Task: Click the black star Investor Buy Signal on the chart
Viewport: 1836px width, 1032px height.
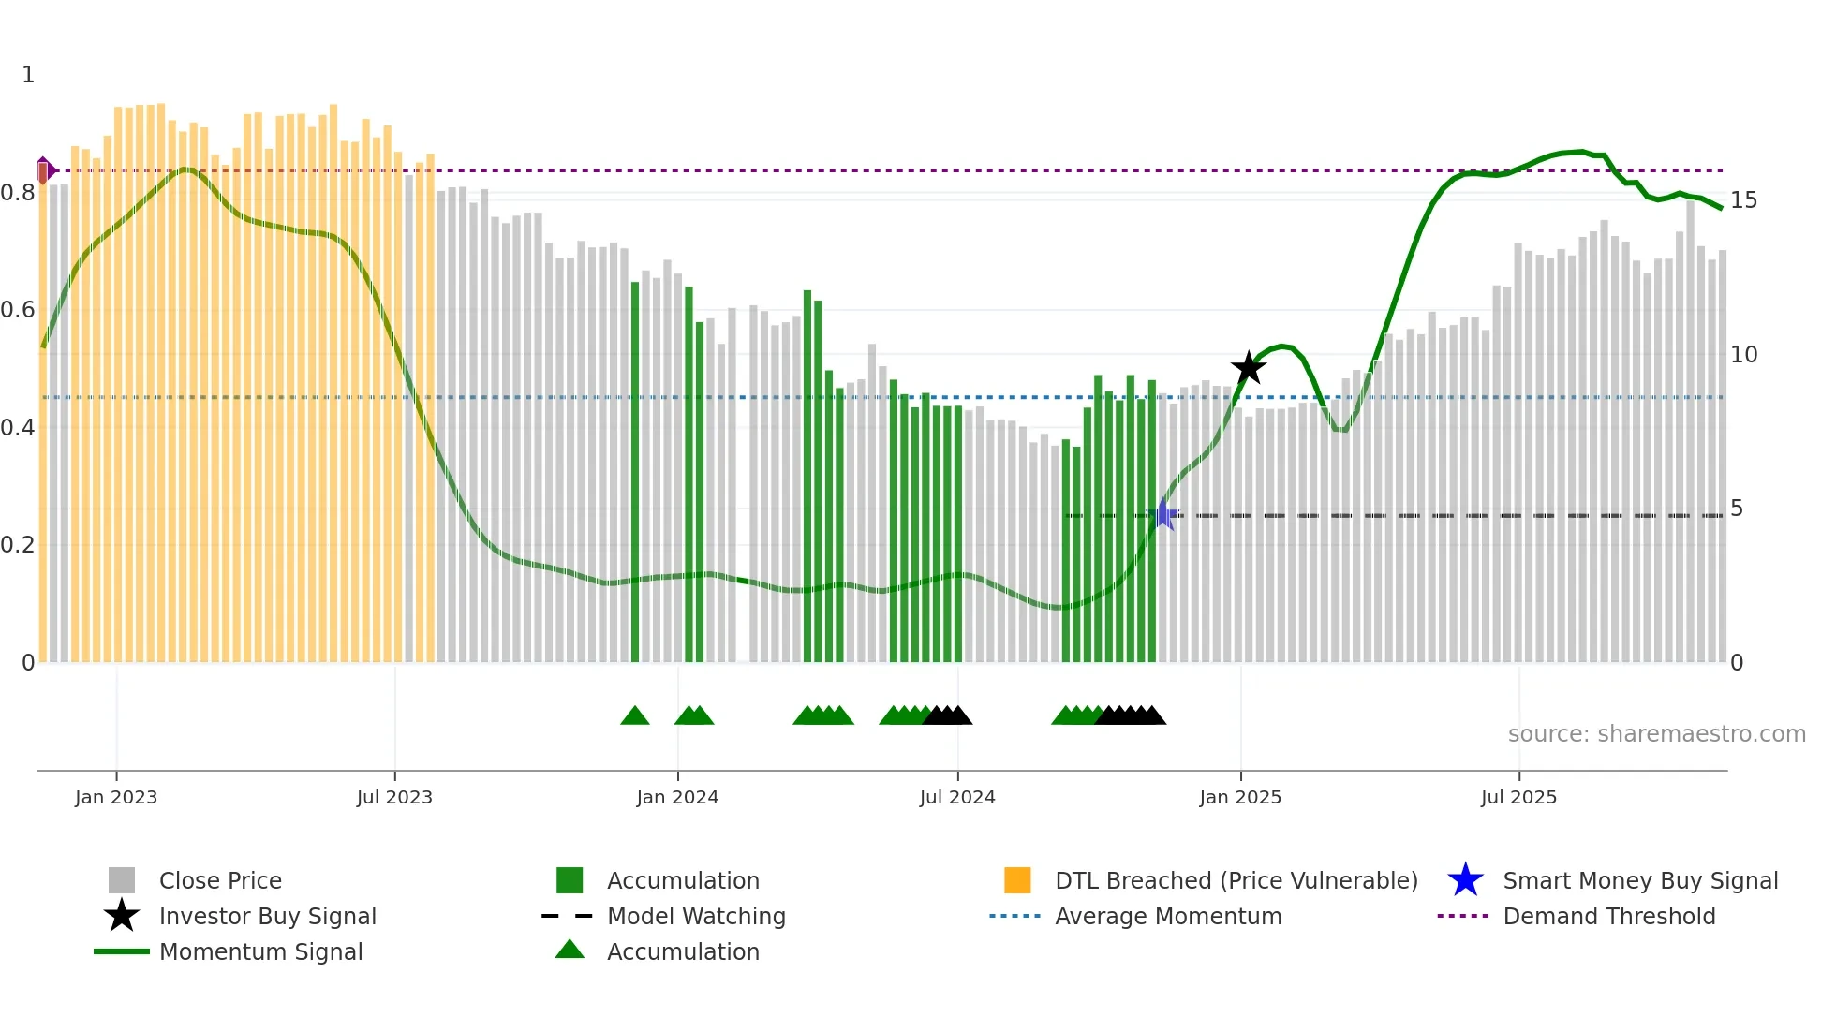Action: pyautogui.click(x=1248, y=368)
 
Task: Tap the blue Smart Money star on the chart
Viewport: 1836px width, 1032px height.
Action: pyautogui.click(x=1162, y=514)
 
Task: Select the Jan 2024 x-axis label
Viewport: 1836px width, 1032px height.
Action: pyautogui.click(x=677, y=797)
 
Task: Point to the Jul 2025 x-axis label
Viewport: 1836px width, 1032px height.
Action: pyautogui.click(x=1518, y=797)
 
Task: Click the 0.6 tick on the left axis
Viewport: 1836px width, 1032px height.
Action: pyautogui.click(x=19, y=310)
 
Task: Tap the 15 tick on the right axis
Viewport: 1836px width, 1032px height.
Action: pyautogui.click(x=1743, y=200)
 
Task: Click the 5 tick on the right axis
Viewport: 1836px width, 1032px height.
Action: pyautogui.click(x=1737, y=509)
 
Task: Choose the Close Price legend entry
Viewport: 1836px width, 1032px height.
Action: pyautogui.click(x=220, y=880)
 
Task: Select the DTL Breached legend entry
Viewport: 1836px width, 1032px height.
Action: pyautogui.click(x=1236, y=880)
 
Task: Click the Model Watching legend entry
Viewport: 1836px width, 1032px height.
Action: pyautogui.click(x=696, y=916)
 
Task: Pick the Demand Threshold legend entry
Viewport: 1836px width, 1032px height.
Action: pyautogui.click(x=1608, y=916)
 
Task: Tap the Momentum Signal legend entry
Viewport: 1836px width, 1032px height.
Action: pyautogui.click(x=260, y=951)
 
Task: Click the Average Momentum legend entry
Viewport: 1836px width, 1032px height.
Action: pyautogui.click(x=1168, y=916)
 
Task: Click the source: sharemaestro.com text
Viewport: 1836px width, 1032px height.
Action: pyautogui.click(x=1656, y=734)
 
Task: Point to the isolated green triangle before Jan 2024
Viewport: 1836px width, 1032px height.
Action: pyautogui.click(x=635, y=716)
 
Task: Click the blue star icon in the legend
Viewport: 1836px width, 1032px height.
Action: pyautogui.click(x=1465, y=880)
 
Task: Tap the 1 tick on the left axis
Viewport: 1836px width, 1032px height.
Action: pyautogui.click(x=28, y=75)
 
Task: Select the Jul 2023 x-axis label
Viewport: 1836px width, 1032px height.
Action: pyautogui.click(x=394, y=797)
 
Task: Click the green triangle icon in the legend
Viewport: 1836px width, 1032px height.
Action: pyautogui.click(x=570, y=950)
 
